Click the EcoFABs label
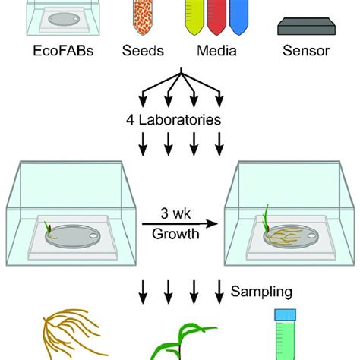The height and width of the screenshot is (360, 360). [x=63, y=51]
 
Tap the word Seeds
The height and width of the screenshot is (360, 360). [x=143, y=51]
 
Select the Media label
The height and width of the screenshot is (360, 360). [x=216, y=51]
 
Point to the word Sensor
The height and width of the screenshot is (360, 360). [x=306, y=51]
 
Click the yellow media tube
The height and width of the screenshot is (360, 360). [x=194, y=17]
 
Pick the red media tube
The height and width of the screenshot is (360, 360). [x=216, y=17]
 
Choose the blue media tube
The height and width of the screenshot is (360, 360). [x=238, y=17]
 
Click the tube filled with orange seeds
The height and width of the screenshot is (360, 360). [x=143, y=17]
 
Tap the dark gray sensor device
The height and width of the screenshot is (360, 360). [x=306, y=26]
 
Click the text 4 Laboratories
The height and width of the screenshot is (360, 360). [x=173, y=120]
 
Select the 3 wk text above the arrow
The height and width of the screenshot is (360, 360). [x=175, y=213]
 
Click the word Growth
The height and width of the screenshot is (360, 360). [x=175, y=234]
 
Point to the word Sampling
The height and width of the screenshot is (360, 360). [x=261, y=292]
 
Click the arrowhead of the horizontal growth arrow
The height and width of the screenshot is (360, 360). [x=212, y=223]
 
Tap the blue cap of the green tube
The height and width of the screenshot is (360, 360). [x=286, y=314]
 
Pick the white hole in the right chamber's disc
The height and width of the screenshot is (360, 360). [x=311, y=236]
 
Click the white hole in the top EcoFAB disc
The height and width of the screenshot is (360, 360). [x=76, y=18]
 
